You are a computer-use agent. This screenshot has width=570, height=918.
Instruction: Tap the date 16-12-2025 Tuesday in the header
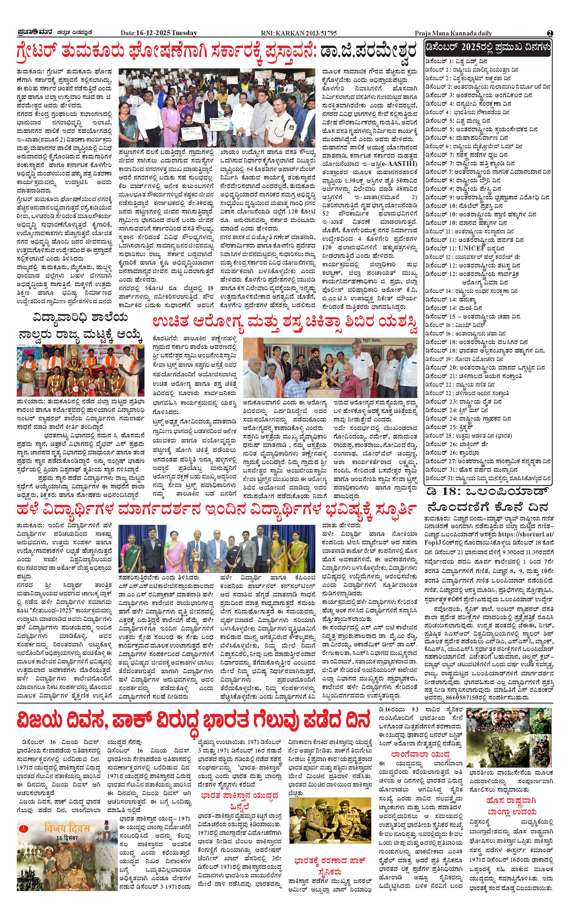[x=159, y=33]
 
